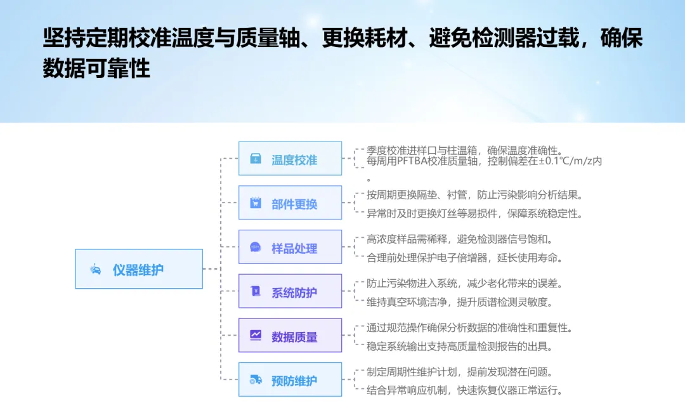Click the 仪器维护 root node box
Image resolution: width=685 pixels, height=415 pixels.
[139, 269]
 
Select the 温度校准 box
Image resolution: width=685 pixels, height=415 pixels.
[290, 159]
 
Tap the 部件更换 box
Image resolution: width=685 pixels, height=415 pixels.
[290, 203]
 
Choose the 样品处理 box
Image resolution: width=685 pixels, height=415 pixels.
[290, 247]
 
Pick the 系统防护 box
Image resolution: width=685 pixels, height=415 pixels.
[290, 292]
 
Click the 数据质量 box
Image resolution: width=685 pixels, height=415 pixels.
[290, 336]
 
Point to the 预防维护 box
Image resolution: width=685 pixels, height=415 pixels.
[290, 380]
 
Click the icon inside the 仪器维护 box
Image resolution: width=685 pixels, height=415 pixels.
[95, 269]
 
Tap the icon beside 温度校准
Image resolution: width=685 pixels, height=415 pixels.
[255, 159]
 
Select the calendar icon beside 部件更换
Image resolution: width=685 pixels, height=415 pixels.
[255, 203]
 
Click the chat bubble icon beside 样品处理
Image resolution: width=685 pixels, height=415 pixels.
[255, 247]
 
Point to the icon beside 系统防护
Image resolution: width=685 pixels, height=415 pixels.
[255, 292]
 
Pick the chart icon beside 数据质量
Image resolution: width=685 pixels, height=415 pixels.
[255, 335]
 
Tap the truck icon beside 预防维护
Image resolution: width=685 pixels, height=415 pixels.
[255, 380]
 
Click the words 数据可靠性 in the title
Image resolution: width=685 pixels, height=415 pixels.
[96, 68]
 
